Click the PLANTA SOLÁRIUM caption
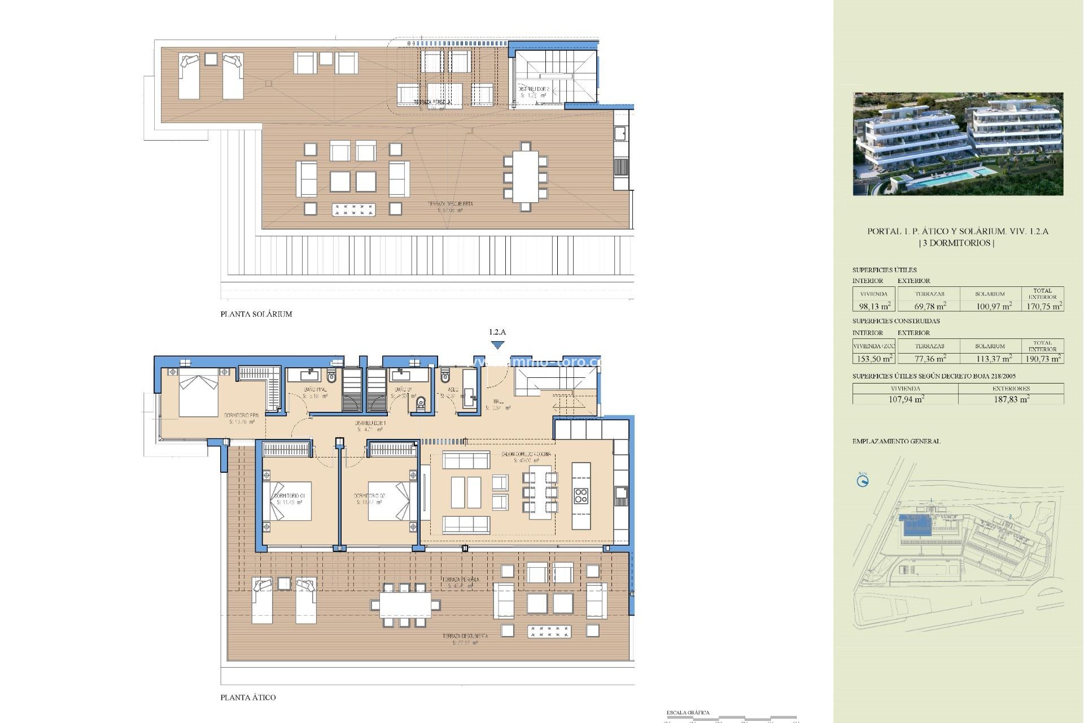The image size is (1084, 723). coord(256,314)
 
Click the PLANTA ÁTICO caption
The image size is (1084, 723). coord(248,698)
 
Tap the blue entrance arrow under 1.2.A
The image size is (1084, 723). coord(497,345)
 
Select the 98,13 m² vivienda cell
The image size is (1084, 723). coord(874,306)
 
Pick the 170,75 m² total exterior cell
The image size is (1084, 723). coord(1044,306)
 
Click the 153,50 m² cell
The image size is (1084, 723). coord(874,359)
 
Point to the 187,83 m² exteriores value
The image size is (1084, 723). coord(1011,399)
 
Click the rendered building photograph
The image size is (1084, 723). coord(958,144)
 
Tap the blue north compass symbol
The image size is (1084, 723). coord(862,481)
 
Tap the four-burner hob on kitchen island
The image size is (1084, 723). coord(581,496)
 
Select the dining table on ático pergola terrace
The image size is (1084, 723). coord(405,605)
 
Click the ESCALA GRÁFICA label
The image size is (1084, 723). coord(688,713)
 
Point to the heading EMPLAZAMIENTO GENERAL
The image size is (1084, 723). coord(896,441)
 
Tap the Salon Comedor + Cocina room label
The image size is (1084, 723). coord(526,454)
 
